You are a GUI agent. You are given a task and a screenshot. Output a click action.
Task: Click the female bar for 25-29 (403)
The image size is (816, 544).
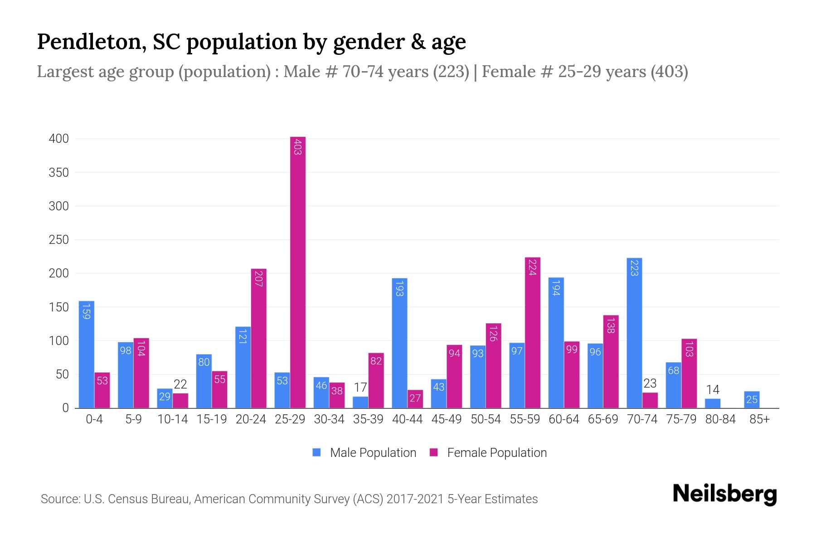tap(298, 272)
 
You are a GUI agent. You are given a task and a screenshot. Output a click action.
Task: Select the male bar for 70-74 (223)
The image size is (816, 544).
tap(634, 333)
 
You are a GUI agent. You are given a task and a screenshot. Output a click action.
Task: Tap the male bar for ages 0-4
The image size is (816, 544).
tap(87, 355)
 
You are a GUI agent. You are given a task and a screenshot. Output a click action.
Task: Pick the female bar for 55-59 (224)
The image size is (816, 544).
tap(533, 333)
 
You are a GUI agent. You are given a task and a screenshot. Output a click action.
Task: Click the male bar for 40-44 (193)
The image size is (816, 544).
tap(399, 343)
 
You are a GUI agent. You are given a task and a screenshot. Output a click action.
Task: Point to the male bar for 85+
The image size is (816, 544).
tap(752, 400)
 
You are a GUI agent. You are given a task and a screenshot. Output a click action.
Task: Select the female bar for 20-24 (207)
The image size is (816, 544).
tap(258, 339)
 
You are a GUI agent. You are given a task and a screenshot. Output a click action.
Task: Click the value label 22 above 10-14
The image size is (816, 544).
tap(180, 385)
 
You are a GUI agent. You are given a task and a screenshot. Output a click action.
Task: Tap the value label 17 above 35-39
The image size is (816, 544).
tap(360, 388)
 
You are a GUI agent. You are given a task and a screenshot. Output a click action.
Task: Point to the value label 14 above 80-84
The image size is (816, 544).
tap(713, 390)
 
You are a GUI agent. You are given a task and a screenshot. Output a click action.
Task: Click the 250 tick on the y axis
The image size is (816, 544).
tap(59, 240)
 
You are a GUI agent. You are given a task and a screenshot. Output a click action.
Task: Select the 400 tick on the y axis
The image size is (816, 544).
tap(59, 139)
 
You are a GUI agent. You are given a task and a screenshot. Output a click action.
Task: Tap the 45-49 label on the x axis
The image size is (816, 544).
tap(447, 419)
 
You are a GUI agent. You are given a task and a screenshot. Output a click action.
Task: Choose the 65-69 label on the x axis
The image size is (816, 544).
tap(603, 419)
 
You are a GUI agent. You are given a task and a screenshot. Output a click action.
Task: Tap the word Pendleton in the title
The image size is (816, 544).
tap(91, 42)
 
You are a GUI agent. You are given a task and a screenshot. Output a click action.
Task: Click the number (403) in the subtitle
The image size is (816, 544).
tap(669, 72)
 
